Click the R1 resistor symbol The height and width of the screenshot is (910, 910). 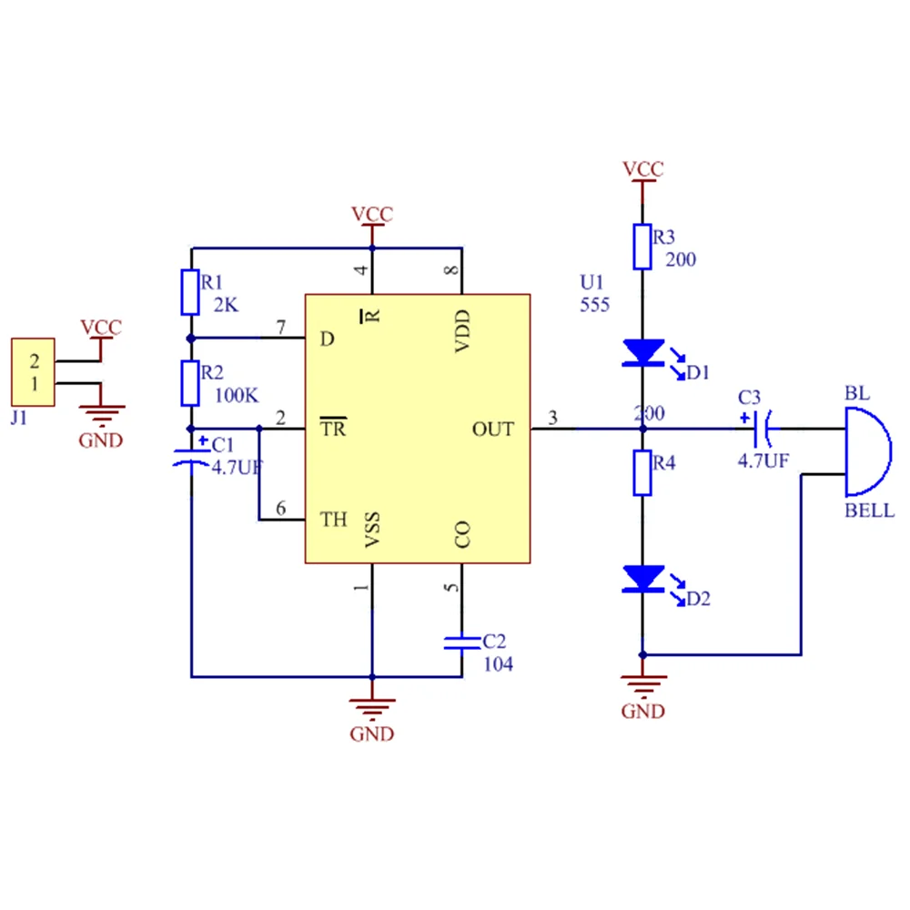click(190, 292)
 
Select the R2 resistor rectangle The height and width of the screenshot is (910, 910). click(190, 383)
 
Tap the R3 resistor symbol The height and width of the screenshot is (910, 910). click(642, 248)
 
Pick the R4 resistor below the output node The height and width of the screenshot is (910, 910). click(642, 473)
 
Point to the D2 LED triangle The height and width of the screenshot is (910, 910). click(643, 579)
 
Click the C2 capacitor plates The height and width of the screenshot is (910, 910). click(462, 643)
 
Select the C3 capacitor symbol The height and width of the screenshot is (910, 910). click(762, 429)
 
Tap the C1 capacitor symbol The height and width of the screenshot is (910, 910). click(191, 457)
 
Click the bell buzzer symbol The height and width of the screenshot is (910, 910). click(868, 451)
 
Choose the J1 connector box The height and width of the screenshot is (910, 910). click(33, 372)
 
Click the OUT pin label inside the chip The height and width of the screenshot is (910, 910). click(492, 430)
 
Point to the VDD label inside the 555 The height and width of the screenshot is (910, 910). click(462, 331)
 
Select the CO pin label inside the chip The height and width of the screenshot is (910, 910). click(462, 534)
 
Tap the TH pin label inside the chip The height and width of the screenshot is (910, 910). click(334, 520)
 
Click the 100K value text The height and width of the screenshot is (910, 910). click(237, 396)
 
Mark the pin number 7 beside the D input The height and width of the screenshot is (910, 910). click(281, 328)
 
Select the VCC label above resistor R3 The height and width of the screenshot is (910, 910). click(643, 169)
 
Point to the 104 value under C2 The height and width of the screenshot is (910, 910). click(498, 664)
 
